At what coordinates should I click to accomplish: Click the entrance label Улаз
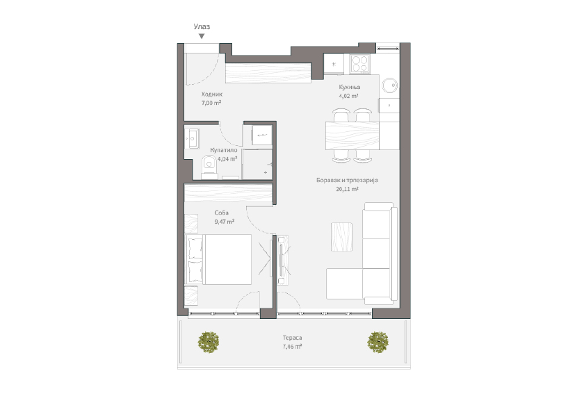pyautogui.click(x=202, y=26)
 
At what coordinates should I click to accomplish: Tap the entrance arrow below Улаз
pyautogui.click(x=202, y=36)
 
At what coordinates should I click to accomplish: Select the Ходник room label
pyautogui.click(x=211, y=94)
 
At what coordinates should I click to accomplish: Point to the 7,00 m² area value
pyautogui.click(x=211, y=103)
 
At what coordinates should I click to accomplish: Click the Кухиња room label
pyautogui.click(x=349, y=88)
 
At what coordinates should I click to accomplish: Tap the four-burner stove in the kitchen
pyautogui.click(x=359, y=63)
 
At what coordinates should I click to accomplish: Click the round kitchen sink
pyautogui.click(x=389, y=85)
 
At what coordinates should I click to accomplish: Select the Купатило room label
pyautogui.click(x=224, y=149)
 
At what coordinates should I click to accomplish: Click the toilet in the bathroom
pyautogui.click(x=208, y=165)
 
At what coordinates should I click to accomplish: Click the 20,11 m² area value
pyautogui.click(x=346, y=189)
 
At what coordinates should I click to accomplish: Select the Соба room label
pyautogui.click(x=222, y=213)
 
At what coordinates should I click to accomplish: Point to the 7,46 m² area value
pyautogui.click(x=292, y=345)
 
